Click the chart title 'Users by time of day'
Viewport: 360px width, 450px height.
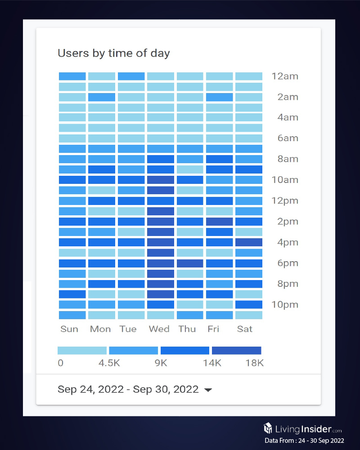coord(113,53)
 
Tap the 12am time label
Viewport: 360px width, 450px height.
coord(285,76)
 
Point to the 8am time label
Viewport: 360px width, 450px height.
coord(288,159)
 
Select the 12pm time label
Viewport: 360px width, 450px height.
coord(285,200)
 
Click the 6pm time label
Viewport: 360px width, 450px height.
coord(288,263)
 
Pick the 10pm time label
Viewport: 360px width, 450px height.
coord(285,305)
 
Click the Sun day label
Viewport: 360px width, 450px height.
coord(69,329)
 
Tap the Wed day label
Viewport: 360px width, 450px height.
coord(159,329)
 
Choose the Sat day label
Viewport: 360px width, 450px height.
coord(245,329)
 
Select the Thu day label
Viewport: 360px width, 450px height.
coord(187,329)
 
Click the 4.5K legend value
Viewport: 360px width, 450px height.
coord(109,363)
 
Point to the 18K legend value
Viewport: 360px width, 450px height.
coord(254,363)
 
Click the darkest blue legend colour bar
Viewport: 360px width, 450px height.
coord(236,351)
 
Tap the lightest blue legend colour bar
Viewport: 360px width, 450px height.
coord(82,351)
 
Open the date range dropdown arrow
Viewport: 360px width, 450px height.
coord(208,390)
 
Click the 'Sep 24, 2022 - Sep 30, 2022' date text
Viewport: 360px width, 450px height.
coord(128,389)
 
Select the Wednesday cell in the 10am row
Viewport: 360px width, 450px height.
coord(161,180)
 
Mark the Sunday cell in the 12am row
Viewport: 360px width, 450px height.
coord(72,76)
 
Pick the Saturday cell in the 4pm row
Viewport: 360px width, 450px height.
coord(249,242)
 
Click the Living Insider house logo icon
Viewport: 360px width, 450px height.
coord(268,428)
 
